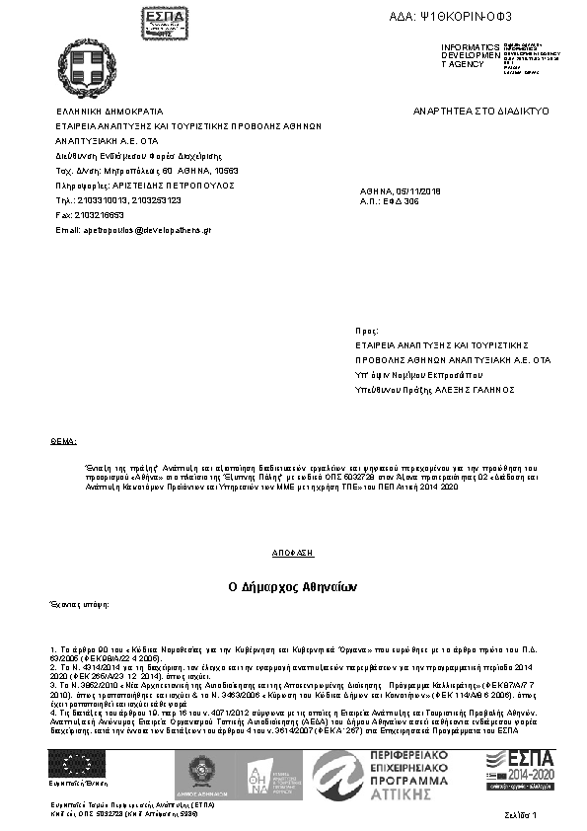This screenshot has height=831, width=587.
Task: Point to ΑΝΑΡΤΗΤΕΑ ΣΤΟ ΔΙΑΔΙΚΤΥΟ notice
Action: (481, 113)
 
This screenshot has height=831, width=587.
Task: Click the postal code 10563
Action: (226, 171)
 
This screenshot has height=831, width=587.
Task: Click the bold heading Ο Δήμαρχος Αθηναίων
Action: (292, 586)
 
